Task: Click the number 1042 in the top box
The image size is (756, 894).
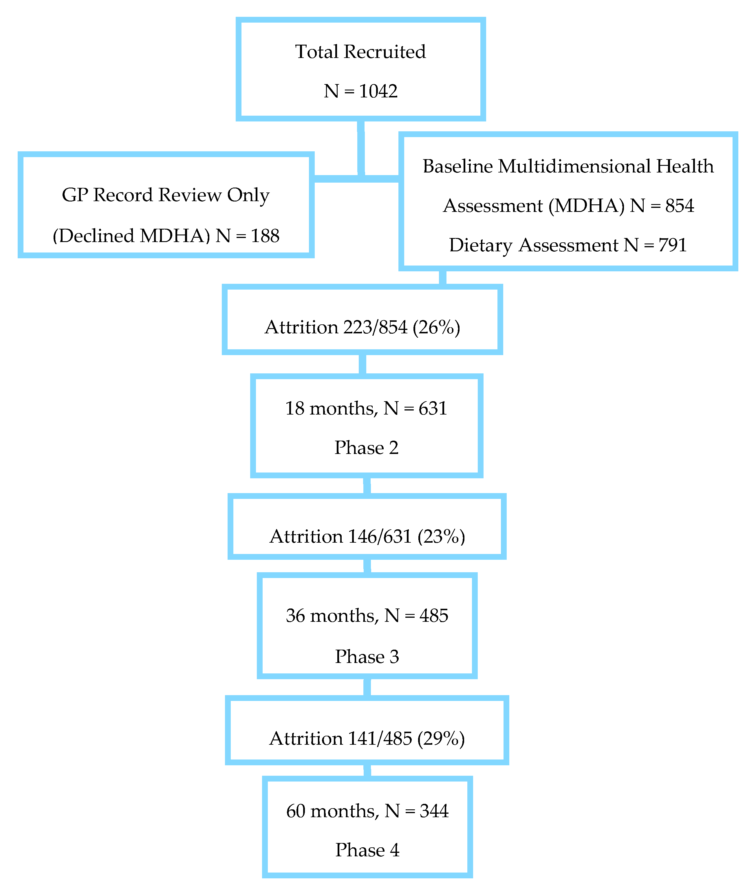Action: pos(378,91)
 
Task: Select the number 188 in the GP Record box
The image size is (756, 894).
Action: pos(265,236)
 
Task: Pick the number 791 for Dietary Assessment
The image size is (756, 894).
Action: pos(672,245)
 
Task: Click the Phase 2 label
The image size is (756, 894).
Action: pos(367,448)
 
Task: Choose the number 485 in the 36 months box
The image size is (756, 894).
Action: pos(434,616)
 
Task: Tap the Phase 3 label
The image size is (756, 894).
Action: pos(367,657)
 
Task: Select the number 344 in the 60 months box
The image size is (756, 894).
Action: pos(434,811)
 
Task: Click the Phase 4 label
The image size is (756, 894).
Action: pos(367,850)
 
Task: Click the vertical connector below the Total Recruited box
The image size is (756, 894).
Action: pos(361,148)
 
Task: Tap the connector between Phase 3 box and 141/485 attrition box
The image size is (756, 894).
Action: pos(367,688)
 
